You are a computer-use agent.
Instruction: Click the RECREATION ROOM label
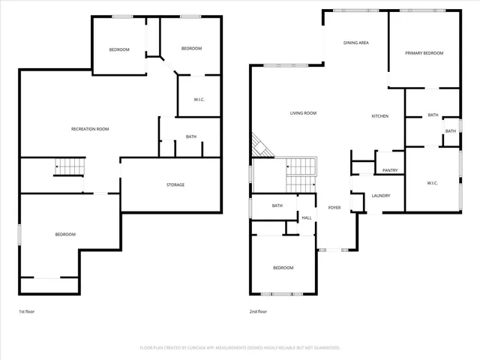90,129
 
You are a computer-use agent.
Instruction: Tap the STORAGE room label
175,184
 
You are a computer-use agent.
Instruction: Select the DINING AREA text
356,43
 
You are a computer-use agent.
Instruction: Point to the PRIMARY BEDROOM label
424,53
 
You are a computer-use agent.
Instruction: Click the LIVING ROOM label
303,113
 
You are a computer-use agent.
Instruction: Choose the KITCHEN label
380,116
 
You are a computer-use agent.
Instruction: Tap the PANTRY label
390,170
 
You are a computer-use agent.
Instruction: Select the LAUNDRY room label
381,196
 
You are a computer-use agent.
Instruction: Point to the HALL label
307,218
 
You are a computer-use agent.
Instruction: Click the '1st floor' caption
27,311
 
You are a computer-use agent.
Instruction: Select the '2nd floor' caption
258,311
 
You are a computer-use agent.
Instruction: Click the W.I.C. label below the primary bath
432,183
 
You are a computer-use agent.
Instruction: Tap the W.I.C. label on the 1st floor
199,99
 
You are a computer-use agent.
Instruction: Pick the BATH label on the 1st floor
191,136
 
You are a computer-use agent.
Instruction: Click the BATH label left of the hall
277,205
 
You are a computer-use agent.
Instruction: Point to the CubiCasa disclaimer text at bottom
240,348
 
